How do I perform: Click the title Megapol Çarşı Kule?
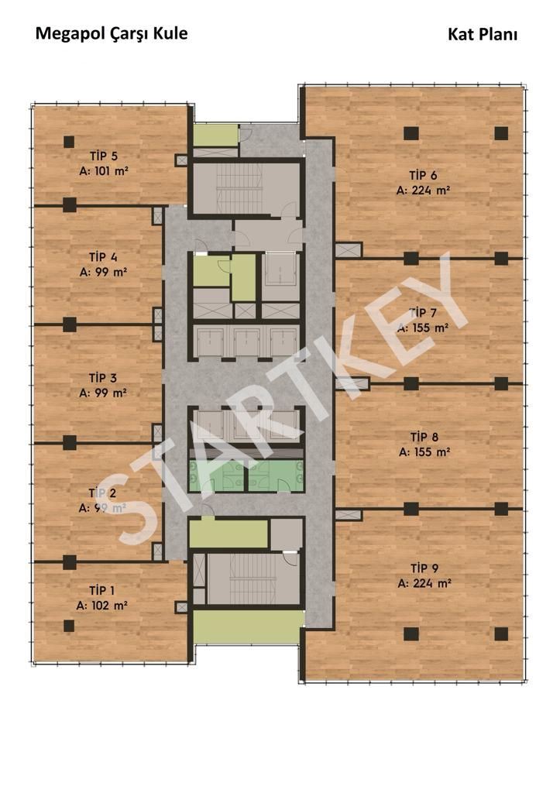point(112,34)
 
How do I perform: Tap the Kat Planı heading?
point(482,34)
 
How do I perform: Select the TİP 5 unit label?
point(104,156)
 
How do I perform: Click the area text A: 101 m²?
point(104,171)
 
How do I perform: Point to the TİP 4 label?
point(103,257)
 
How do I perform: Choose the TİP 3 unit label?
point(103,378)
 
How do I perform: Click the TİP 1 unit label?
point(101,590)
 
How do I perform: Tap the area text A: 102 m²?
point(101,606)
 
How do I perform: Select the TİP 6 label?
point(423,176)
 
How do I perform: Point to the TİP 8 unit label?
point(424,437)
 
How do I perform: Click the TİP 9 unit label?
point(424,568)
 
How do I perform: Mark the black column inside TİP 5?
point(69,142)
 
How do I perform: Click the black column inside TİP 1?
point(69,626)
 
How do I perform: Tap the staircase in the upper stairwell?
point(239,187)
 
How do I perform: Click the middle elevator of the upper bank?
point(247,342)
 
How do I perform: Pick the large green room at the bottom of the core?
point(249,627)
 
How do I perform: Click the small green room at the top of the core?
point(216,135)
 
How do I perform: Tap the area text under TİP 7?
point(423,328)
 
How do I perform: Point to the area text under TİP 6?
point(423,191)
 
